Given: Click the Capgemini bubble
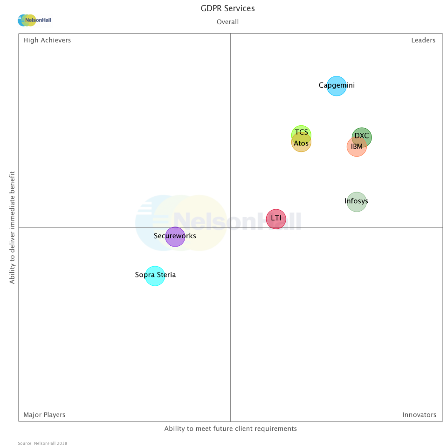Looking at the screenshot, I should coord(337,86).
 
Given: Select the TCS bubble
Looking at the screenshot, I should coord(301,131).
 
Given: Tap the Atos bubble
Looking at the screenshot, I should coord(301,144).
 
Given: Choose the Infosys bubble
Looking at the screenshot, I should coord(357,202).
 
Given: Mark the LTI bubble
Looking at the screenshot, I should coord(276,219).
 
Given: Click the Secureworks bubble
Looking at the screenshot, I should coord(175,236).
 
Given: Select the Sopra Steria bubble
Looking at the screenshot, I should coord(155,275).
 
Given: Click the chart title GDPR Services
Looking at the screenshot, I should coord(228,8).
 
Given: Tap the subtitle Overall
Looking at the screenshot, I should coord(227,22).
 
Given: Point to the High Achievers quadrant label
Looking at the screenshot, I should coord(47,40).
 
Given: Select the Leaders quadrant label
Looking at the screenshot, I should coord(423,40).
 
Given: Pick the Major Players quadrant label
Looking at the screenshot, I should coord(44,415).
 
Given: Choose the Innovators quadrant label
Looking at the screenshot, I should coord(419,415).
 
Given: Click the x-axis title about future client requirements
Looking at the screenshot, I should coord(230,428).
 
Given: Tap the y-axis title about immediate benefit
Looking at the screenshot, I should coord(13,227).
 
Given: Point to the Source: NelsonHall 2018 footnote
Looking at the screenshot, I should coord(42,443).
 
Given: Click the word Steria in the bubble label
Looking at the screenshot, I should coord(166,275).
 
